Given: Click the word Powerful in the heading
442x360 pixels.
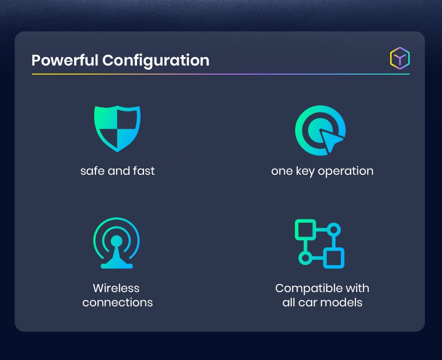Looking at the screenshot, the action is pos(65,60).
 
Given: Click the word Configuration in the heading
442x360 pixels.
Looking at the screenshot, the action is pos(155,61).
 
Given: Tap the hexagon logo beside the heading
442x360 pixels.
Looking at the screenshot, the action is pos(400,58).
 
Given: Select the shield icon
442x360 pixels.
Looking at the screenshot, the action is pos(117,128).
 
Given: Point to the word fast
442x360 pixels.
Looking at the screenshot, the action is pos(144,171).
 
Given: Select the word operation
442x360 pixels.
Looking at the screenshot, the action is pos(346,171).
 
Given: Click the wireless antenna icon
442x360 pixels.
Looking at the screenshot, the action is pos(116,243).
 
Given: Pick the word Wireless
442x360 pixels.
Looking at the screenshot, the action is pos(116,288).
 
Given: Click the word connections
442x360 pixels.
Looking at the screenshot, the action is pos(117,302).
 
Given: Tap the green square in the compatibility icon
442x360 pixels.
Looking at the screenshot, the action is pos(305,229).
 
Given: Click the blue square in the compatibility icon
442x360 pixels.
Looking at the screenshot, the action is pos(334,258).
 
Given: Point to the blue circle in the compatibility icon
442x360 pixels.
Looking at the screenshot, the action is pos(334,229).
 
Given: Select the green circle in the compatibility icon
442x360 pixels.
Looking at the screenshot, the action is pos(305,258).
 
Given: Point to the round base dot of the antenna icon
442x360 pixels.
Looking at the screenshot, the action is pos(116,241).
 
